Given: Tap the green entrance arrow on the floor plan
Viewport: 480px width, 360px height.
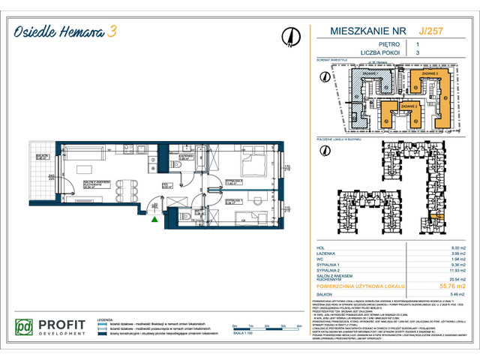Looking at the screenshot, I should tap(154, 219).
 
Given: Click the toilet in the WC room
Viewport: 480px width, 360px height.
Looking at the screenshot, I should tap(184, 217).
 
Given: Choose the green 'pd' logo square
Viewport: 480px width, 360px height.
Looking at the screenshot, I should tap(25, 328).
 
